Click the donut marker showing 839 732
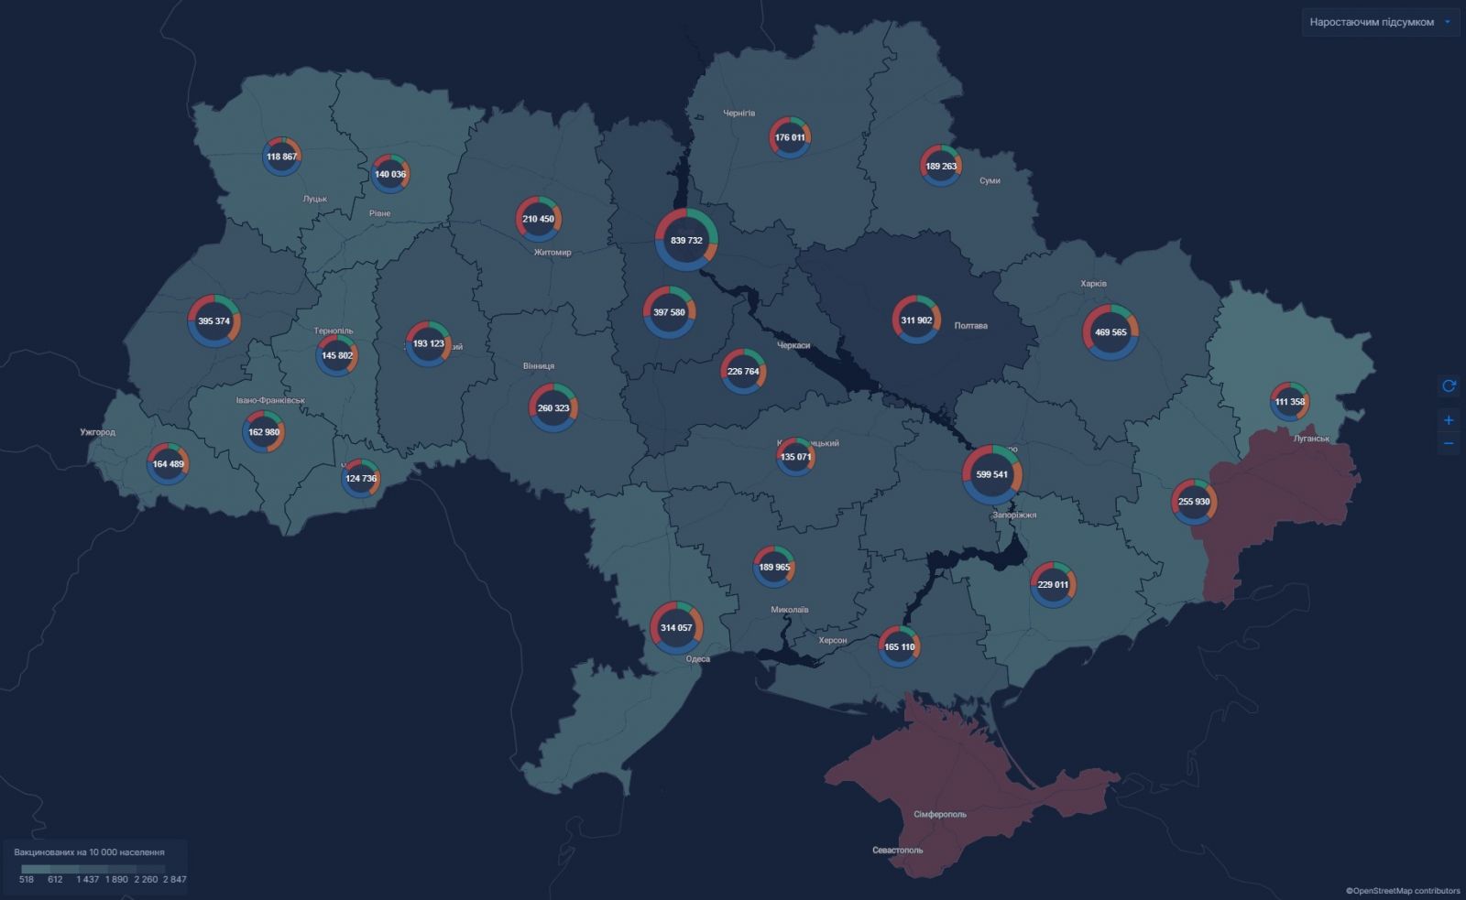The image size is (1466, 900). pyautogui.click(x=686, y=240)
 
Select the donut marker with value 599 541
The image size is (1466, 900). pyautogui.click(x=991, y=474)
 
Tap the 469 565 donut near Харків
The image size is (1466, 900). pyautogui.click(x=1110, y=332)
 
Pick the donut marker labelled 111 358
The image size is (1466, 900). pyautogui.click(x=1289, y=402)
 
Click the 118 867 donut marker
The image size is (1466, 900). pyautogui.click(x=281, y=157)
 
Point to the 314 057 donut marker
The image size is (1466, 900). pyautogui.click(x=676, y=628)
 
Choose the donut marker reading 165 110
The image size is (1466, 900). pyautogui.click(x=899, y=646)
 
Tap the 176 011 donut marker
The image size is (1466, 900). pyautogui.click(x=789, y=137)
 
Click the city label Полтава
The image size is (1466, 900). pyautogui.click(x=970, y=326)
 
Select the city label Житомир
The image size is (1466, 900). pyautogui.click(x=552, y=253)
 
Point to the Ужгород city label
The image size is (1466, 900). pyautogui.click(x=98, y=432)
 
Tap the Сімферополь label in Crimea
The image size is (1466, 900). pyautogui.click(x=939, y=814)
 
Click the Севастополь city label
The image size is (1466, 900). pyautogui.click(x=897, y=850)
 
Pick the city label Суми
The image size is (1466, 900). pyautogui.click(x=990, y=181)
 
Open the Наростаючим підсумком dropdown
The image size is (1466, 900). pyautogui.click(x=1380, y=22)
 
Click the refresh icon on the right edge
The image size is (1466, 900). pyautogui.click(x=1449, y=386)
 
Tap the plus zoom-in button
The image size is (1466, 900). pyautogui.click(x=1449, y=420)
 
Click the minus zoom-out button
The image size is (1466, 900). pyautogui.click(x=1449, y=444)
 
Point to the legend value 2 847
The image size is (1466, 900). pyautogui.click(x=175, y=879)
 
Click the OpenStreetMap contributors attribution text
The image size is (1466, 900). pyautogui.click(x=1404, y=890)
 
